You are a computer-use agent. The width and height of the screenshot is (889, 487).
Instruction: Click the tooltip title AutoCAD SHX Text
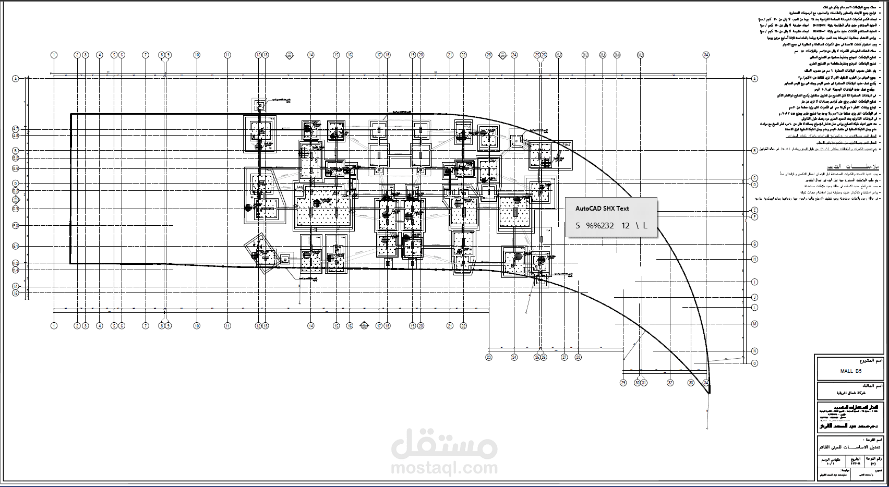(602, 209)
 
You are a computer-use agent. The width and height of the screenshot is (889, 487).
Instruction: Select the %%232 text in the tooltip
(600, 226)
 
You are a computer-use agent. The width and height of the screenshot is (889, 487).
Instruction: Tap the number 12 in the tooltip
(626, 226)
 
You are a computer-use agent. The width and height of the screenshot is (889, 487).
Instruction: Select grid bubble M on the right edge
(754, 324)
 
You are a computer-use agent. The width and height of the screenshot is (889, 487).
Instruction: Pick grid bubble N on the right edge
(754, 351)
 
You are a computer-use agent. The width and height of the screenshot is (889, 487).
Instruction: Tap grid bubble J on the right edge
(754, 297)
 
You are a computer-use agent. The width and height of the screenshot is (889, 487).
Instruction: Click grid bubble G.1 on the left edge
(16, 246)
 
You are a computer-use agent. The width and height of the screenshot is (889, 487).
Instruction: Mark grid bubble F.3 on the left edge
(16, 225)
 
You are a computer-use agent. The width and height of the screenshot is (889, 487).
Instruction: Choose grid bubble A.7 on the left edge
(16, 129)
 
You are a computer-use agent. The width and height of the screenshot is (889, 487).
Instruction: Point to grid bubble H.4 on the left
(16, 270)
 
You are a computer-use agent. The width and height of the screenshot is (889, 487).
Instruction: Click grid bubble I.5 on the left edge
(16, 293)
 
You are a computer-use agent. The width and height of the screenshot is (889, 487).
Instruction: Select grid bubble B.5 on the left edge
(16, 168)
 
